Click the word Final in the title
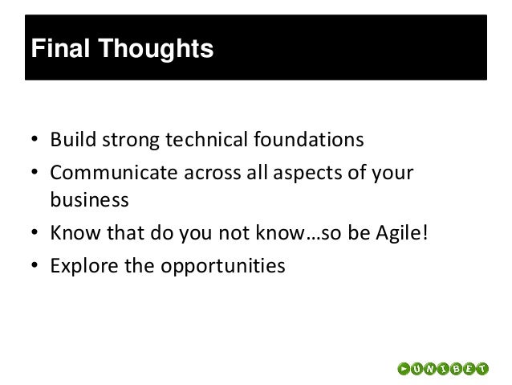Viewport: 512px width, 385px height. pyautogui.click(x=60, y=48)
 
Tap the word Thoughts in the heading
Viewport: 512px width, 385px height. pyautogui.click(x=156, y=49)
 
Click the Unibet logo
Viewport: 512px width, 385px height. pyautogui.click(x=443, y=369)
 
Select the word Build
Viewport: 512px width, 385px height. pyautogui.click(x=73, y=139)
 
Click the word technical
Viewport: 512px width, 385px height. pyautogui.click(x=207, y=139)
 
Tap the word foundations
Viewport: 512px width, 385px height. pyautogui.click(x=309, y=139)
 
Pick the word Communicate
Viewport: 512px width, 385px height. pyautogui.click(x=114, y=173)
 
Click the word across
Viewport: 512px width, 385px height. pyautogui.click(x=212, y=174)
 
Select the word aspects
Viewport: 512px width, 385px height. pyautogui.click(x=308, y=174)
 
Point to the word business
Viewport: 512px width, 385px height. pyautogui.click(x=89, y=199)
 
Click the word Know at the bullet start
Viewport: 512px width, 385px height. pyautogui.click(x=75, y=233)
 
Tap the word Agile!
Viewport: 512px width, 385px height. pyautogui.click(x=401, y=234)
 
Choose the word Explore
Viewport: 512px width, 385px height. pyautogui.click(x=84, y=266)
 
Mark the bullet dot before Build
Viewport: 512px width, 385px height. pyautogui.click(x=35, y=139)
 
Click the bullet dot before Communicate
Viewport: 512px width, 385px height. pyautogui.click(x=35, y=172)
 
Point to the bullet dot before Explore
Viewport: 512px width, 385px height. pyautogui.click(x=35, y=265)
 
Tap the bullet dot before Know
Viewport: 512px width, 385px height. pyautogui.click(x=35, y=232)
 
